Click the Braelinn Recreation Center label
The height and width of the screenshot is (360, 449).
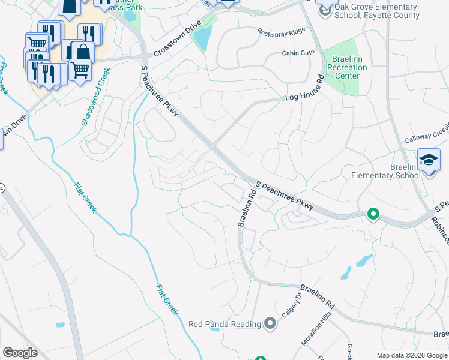346,68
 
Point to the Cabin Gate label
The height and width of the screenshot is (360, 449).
298,53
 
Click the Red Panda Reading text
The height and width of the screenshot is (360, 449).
224,324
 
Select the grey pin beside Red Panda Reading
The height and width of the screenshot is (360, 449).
270,324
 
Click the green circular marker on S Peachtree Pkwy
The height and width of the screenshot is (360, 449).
373,214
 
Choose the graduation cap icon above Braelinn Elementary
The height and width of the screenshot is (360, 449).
429,160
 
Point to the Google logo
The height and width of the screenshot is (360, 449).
20,353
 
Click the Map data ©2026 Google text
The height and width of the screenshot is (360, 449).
412,355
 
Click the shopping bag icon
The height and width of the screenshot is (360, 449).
81,52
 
